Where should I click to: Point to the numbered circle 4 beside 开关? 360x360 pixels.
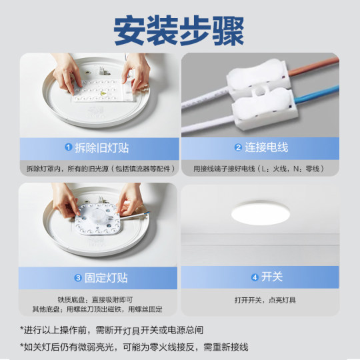click(254, 277)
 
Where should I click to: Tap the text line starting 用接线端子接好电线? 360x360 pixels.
click(264, 169)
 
